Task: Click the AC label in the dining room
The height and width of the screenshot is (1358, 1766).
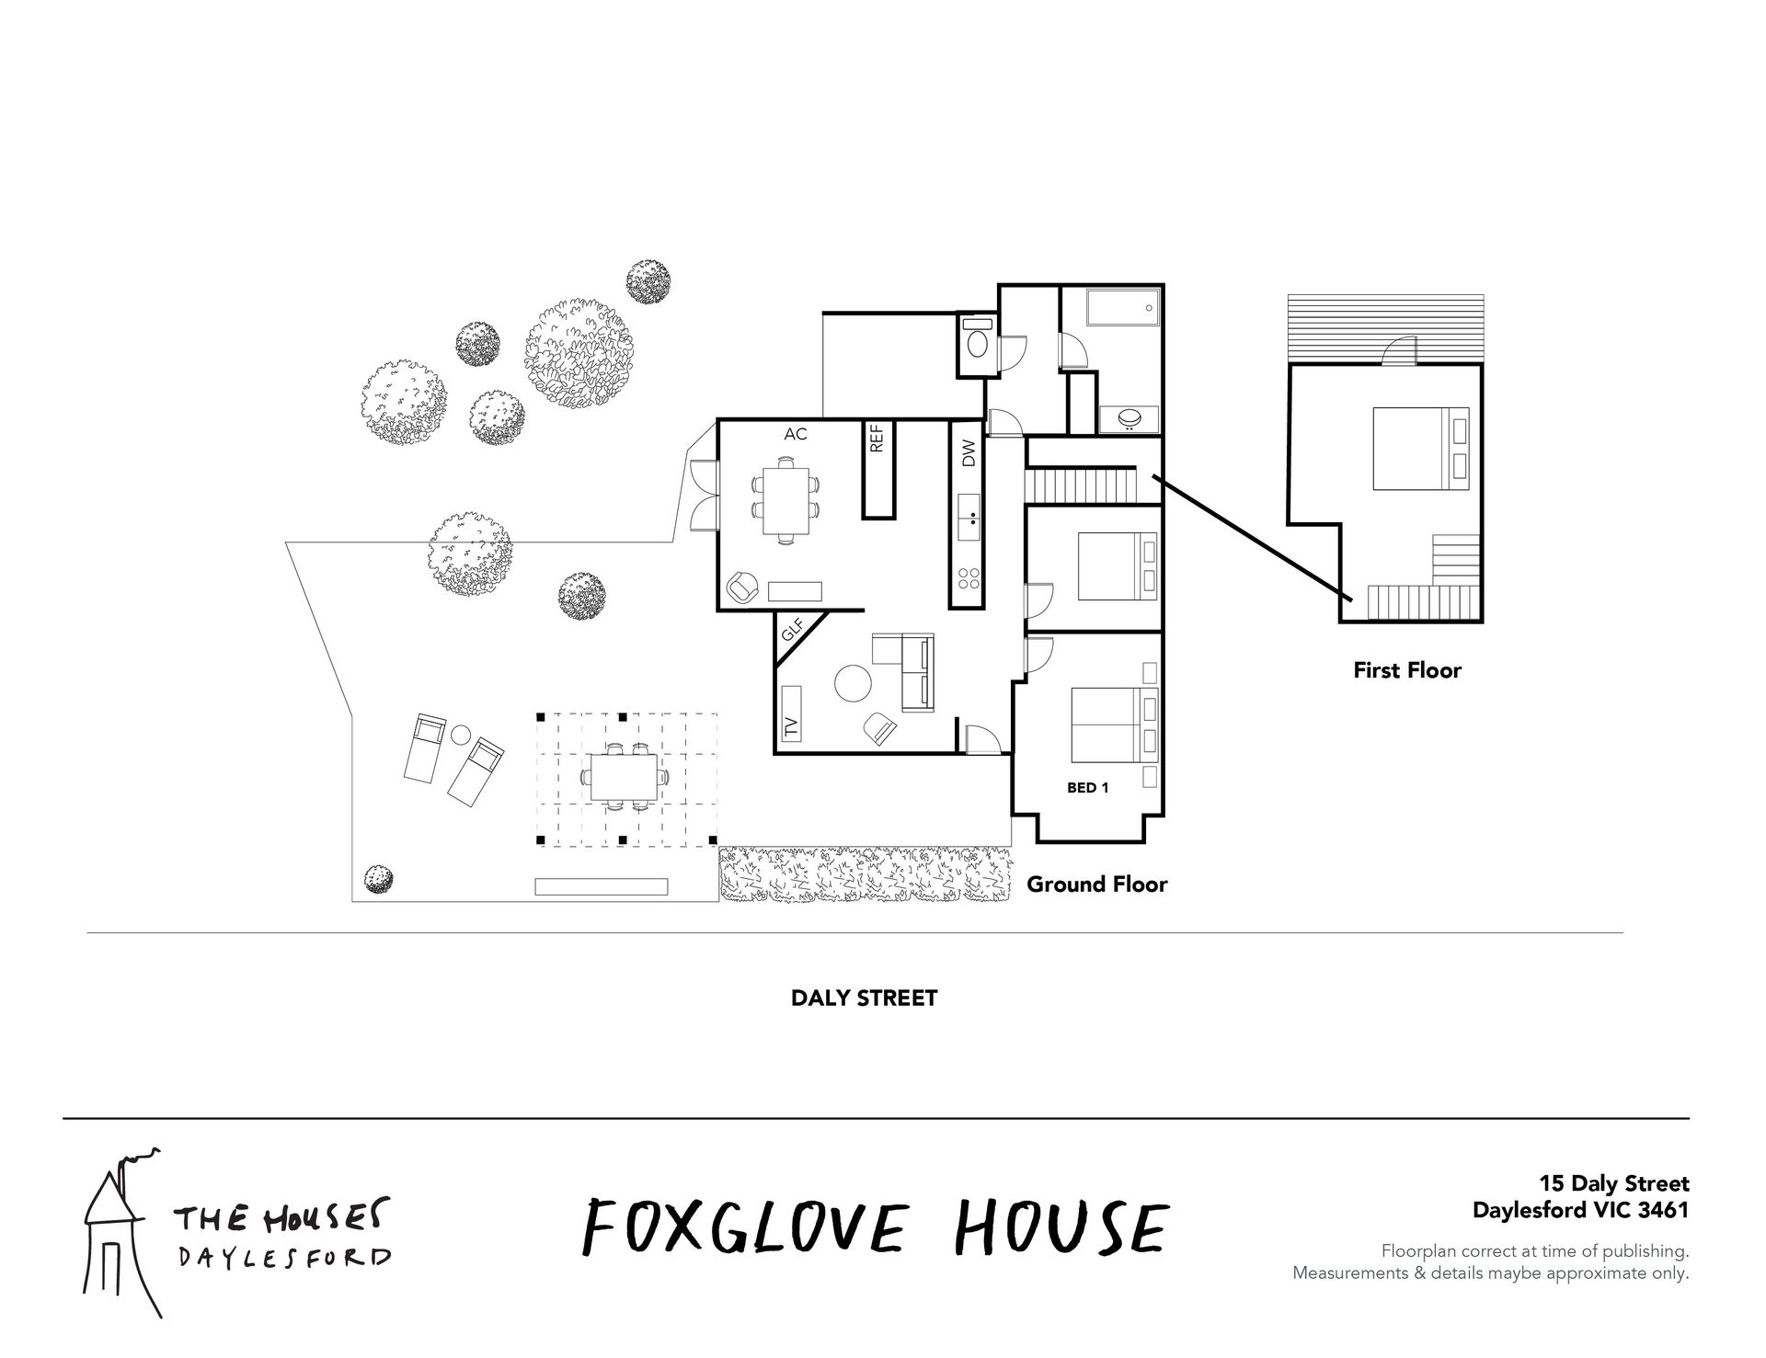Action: [796, 434]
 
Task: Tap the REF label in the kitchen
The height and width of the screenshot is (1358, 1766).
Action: [877, 439]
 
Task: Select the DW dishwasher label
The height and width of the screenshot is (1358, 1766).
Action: [968, 453]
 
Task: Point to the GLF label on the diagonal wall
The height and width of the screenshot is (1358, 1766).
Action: [792, 631]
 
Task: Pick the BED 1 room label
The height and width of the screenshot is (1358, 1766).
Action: [1088, 788]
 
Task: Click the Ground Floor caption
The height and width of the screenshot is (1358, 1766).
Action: [1097, 884]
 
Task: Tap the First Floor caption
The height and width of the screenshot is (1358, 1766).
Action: [1407, 670]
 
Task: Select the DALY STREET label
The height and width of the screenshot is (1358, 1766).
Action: [865, 998]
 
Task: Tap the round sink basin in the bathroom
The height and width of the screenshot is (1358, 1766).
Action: [1130, 418]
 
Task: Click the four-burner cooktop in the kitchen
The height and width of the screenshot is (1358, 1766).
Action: [969, 578]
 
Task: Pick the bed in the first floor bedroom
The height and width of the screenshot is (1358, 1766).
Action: [1424, 448]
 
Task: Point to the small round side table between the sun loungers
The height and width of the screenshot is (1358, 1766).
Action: [461, 735]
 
